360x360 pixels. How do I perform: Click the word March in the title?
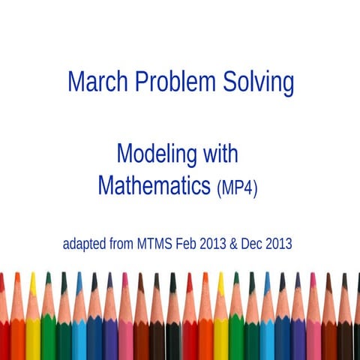pos(94,82)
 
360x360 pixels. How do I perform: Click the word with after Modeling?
pos(220,154)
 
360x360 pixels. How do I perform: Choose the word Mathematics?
pos(154,184)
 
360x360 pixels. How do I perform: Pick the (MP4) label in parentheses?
pos(237,187)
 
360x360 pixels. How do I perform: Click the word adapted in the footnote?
pos(85,244)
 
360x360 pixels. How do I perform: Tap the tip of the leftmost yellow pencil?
pos(32,277)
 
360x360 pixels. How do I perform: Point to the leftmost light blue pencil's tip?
pos(79,277)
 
